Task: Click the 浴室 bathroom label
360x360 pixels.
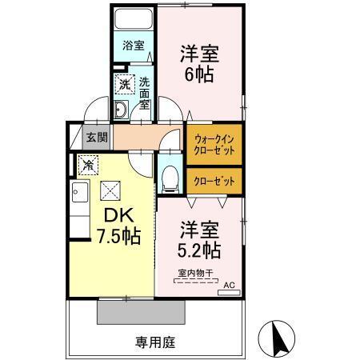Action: (x=133, y=46)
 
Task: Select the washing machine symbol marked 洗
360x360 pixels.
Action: (x=125, y=82)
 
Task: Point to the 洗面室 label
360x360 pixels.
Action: (x=145, y=92)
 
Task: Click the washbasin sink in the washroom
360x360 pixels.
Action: (x=121, y=110)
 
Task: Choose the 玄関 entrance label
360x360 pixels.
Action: (x=95, y=137)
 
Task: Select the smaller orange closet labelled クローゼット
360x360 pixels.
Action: (x=214, y=181)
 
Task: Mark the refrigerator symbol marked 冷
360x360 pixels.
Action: (x=86, y=165)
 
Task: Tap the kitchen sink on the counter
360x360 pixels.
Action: (x=78, y=192)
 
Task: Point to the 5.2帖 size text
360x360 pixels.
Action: (x=199, y=250)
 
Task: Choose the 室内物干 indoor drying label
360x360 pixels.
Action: (x=195, y=274)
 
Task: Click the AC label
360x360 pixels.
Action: (x=229, y=284)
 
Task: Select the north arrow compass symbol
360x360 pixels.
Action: (x=280, y=338)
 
